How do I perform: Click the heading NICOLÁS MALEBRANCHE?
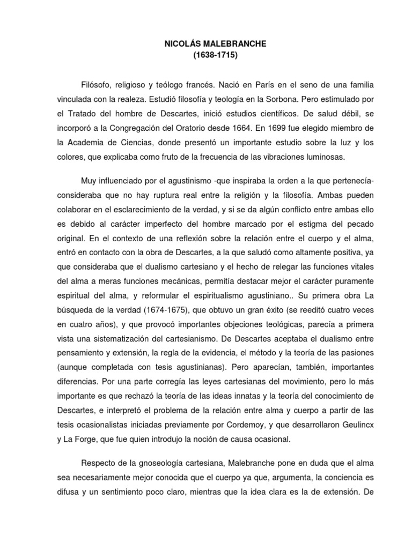[207, 44]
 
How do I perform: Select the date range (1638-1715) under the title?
[207, 55]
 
